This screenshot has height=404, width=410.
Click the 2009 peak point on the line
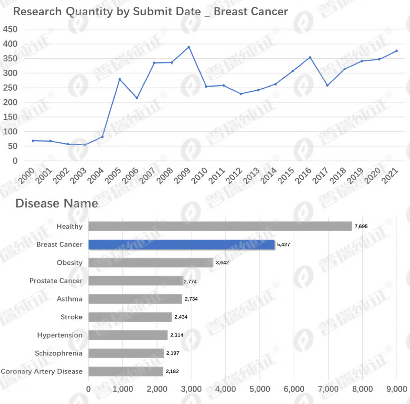pyautogui.click(x=189, y=47)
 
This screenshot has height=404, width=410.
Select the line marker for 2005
pyautogui.click(x=119, y=79)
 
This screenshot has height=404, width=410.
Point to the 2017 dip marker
pyautogui.click(x=327, y=85)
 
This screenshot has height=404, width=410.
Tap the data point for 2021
pyautogui.click(x=396, y=51)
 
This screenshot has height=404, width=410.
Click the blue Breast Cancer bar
pyautogui.click(x=181, y=244)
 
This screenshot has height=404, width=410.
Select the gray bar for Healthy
pyautogui.click(x=220, y=226)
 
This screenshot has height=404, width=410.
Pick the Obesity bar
pyautogui.click(x=151, y=262)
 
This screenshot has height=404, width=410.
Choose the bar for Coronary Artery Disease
pyautogui.click(x=126, y=371)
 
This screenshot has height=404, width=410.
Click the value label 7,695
pyautogui.click(x=361, y=226)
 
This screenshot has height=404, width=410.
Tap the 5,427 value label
pyautogui.click(x=283, y=244)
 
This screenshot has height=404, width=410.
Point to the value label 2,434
pyautogui.click(x=181, y=317)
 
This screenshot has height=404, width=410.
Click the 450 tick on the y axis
pyautogui.click(x=10, y=29)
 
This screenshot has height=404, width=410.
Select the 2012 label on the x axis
pyautogui.click(x=234, y=175)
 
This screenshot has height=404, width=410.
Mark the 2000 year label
pyautogui.click(x=26, y=175)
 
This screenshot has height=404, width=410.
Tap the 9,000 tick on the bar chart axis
pyautogui.click(x=397, y=389)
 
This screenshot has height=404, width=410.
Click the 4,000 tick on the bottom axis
pyautogui.click(x=225, y=389)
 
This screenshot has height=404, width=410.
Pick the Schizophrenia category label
pyautogui.click(x=58, y=353)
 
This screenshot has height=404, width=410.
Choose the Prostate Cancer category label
pyautogui.click(x=56, y=280)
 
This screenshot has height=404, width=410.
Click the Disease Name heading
pyautogui.click(x=57, y=203)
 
